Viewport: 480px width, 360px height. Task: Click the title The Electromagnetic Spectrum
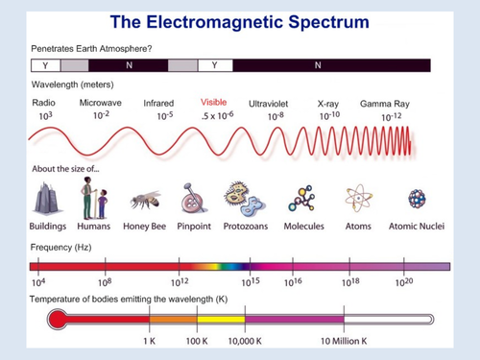coord(240,20)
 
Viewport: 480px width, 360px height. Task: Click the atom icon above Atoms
coord(359,199)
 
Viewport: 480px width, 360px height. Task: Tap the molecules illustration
coord(303,198)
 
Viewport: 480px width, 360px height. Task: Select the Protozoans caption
coord(244,227)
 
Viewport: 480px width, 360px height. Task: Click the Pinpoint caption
coord(195,227)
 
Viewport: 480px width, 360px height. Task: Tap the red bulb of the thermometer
coord(57,318)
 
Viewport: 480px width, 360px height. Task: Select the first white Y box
coord(47,65)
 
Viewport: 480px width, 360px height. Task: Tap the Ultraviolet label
coord(269,103)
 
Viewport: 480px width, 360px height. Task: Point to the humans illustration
coord(94,200)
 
